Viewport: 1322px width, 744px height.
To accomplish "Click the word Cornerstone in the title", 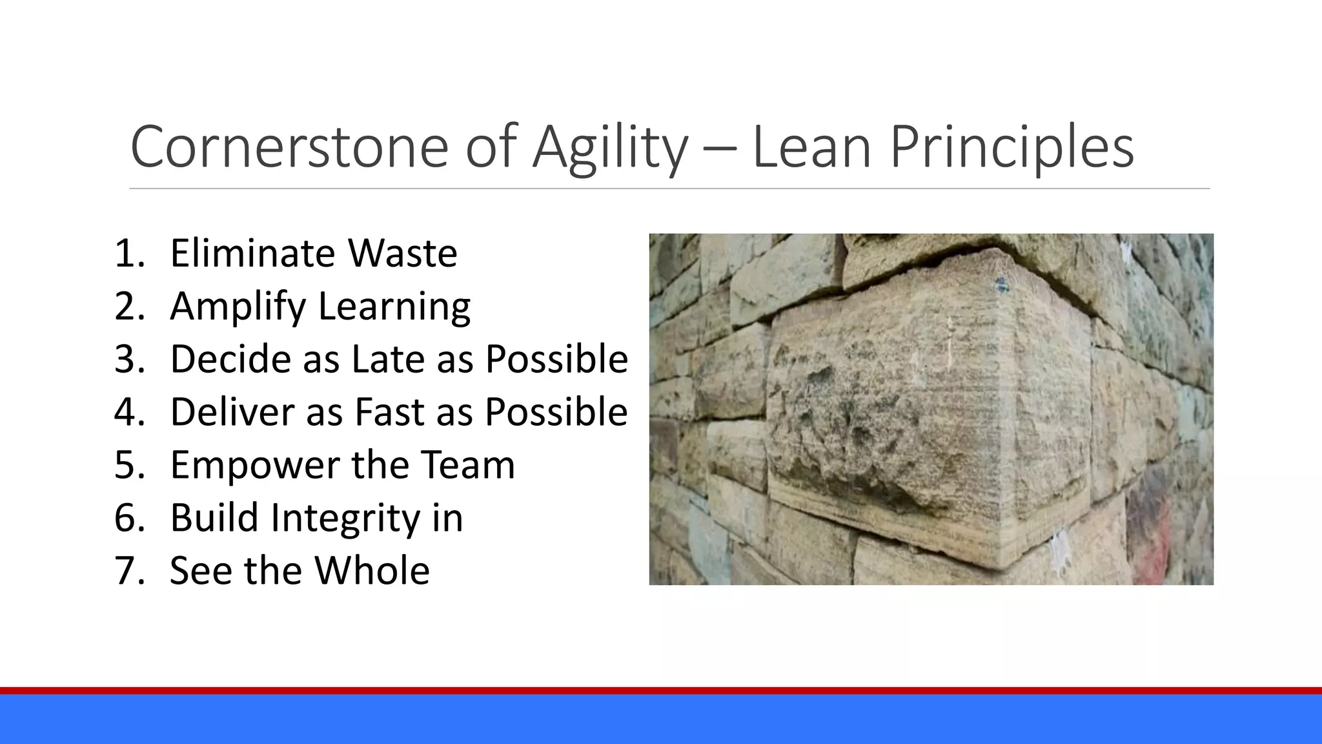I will tap(289, 147).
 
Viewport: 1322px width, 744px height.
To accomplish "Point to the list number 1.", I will tap(128, 253).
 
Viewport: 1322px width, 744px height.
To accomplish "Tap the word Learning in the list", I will tap(394, 307).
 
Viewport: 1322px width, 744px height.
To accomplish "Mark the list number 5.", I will tap(128, 465).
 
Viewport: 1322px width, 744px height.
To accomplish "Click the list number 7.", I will tap(128, 571).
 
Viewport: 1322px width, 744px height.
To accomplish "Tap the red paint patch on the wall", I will tap(1152, 523).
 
